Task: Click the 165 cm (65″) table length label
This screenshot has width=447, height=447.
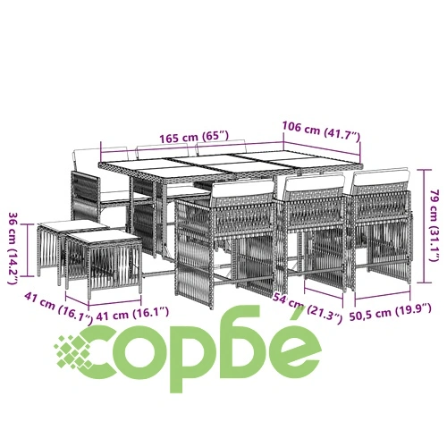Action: [194, 137]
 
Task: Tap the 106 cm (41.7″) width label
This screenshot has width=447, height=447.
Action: [321, 131]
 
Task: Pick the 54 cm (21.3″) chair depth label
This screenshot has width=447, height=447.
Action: [308, 308]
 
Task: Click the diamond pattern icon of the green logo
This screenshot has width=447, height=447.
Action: [73, 352]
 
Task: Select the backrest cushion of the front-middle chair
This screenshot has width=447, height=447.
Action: [314, 183]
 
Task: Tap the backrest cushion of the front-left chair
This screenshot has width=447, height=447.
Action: [242, 190]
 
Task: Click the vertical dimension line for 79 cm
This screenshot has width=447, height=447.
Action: [424, 226]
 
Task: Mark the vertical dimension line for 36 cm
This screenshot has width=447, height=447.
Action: [28, 250]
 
